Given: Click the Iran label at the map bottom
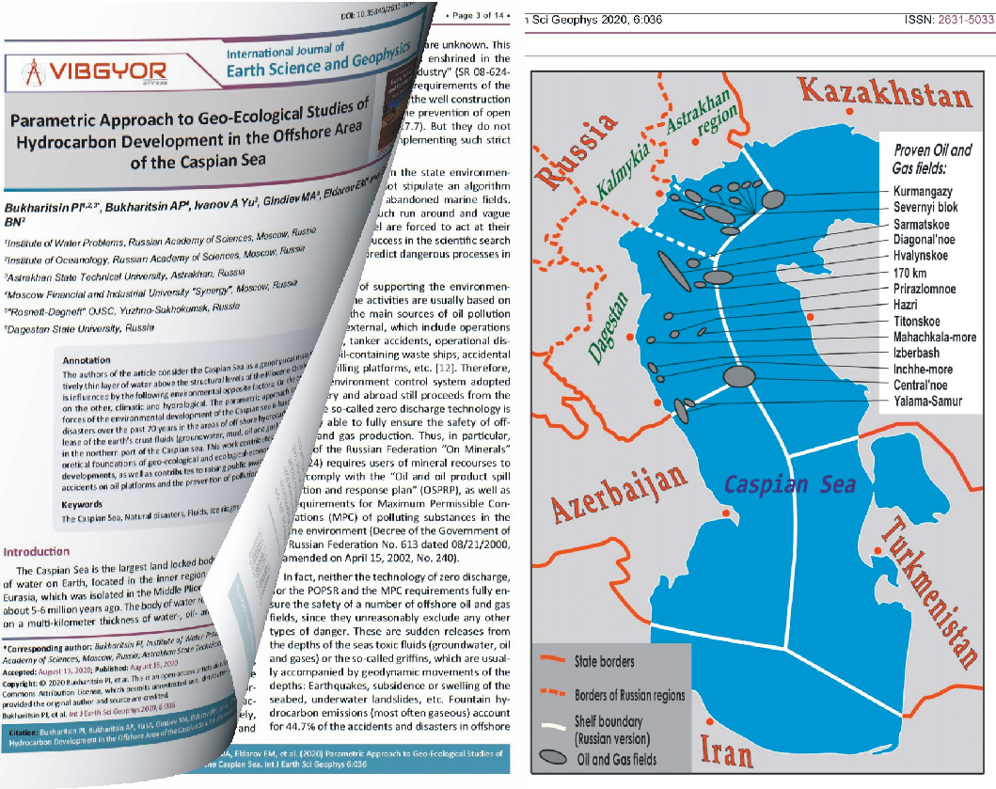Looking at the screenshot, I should (728, 751).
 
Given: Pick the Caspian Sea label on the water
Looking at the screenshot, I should (789, 483).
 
